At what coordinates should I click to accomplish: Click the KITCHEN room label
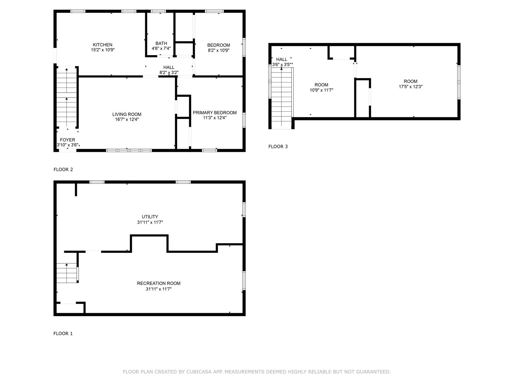click(102, 45)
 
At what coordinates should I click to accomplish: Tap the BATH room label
click(161, 43)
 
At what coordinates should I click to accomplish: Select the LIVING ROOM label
click(127, 114)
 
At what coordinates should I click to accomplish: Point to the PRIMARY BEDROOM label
click(215, 113)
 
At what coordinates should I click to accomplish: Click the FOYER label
click(67, 140)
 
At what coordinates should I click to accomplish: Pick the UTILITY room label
click(150, 217)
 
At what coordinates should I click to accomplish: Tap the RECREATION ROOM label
click(158, 283)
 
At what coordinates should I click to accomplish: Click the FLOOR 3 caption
click(278, 147)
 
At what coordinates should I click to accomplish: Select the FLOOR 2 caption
click(63, 169)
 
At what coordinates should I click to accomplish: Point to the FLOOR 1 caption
click(63, 334)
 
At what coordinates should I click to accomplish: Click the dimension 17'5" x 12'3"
click(411, 87)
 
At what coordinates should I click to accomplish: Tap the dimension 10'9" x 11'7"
click(321, 90)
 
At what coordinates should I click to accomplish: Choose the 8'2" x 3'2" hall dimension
click(169, 73)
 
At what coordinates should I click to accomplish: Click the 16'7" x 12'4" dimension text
click(127, 119)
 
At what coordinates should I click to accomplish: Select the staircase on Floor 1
click(67, 273)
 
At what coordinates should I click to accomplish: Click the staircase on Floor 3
click(281, 98)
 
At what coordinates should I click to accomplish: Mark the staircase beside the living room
click(67, 97)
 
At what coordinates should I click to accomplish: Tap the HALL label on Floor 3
click(281, 59)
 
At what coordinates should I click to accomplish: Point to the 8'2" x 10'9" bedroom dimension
click(218, 50)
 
